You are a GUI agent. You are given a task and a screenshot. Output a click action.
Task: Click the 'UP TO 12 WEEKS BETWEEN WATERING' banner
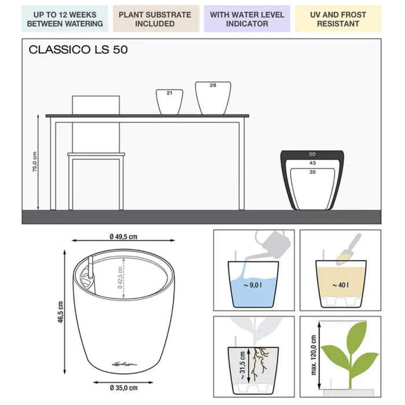click(65, 19)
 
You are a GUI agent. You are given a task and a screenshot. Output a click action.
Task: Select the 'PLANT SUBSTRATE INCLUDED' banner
click(156, 19)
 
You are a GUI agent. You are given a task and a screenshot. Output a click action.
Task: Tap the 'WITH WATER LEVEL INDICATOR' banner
click(247, 19)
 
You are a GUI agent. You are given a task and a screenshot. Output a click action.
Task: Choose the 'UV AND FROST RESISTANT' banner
click(338, 19)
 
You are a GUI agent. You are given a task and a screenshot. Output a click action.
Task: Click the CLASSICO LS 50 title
click(78, 50)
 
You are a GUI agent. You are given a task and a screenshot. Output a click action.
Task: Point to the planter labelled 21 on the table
click(170, 102)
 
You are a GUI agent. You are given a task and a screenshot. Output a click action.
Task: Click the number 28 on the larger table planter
click(213, 85)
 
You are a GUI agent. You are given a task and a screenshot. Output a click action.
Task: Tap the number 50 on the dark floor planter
click(312, 154)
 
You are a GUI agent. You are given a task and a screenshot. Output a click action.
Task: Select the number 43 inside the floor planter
click(312, 163)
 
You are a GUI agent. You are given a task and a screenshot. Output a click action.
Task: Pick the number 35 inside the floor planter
click(312, 172)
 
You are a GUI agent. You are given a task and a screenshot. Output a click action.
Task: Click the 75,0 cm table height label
click(35, 161)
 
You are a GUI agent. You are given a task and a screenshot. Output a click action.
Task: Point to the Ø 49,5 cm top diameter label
click(123, 237)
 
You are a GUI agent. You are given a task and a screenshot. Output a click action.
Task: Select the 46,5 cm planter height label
click(60, 312)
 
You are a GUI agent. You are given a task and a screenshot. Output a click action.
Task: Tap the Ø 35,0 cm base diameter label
click(123, 388)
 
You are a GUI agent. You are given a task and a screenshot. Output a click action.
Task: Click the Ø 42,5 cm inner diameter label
click(120, 278)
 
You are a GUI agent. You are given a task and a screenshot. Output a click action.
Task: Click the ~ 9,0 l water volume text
click(253, 285)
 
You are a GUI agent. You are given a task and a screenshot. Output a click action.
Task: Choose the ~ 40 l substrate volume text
click(340, 285)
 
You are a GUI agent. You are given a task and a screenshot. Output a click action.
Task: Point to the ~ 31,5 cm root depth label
click(242, 365)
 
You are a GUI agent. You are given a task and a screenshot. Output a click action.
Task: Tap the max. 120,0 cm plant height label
click(314, 355)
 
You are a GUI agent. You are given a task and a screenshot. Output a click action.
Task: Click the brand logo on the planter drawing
click(124, 364)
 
